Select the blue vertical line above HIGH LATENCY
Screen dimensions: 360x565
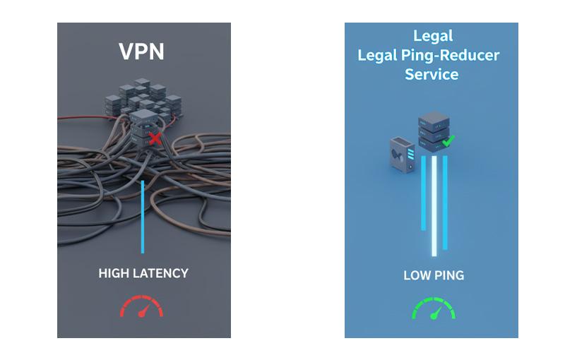[143, 215]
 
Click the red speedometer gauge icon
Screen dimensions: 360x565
[142, 308]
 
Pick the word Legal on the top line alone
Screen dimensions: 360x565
[432, 36]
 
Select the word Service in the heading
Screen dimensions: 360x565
[432, 74]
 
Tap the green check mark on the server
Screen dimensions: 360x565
[447, 141]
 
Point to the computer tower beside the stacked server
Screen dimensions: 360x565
[400, 153]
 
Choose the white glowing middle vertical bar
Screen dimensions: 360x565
[434, 205]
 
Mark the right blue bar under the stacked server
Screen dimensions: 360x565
[446, 202]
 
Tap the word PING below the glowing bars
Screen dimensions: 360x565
[449, 275]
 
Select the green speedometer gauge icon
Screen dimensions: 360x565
[433, 308]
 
